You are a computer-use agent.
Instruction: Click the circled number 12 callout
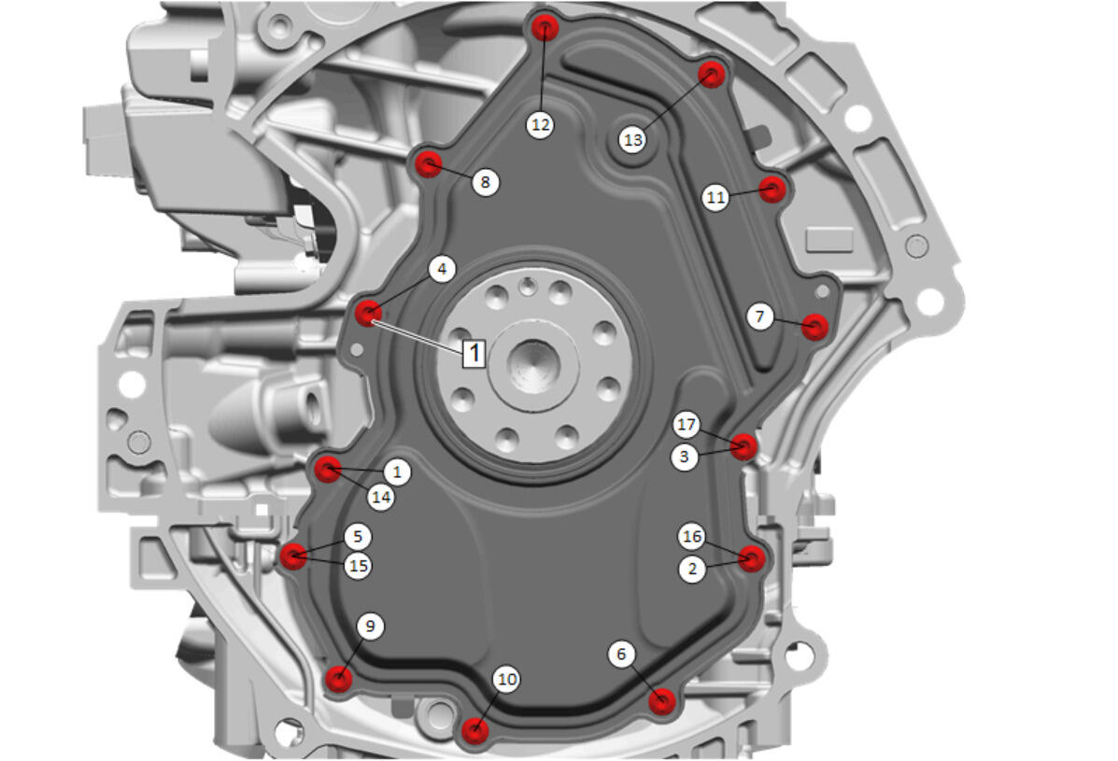tap(541, 125)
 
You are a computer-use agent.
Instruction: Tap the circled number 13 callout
tap(632, 140)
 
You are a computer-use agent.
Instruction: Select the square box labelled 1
tap(474, 353)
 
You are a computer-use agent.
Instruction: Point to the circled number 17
tap(686, 425)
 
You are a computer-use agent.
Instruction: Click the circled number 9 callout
tap(369, 627)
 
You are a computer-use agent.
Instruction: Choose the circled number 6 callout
tap(621, 655)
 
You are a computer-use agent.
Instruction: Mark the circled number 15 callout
tap(358, 566)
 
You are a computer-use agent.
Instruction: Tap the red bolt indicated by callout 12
tap(545, 28)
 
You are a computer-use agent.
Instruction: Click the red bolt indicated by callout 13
tap(712, 74)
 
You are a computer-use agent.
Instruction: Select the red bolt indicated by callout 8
tap(429, 164)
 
